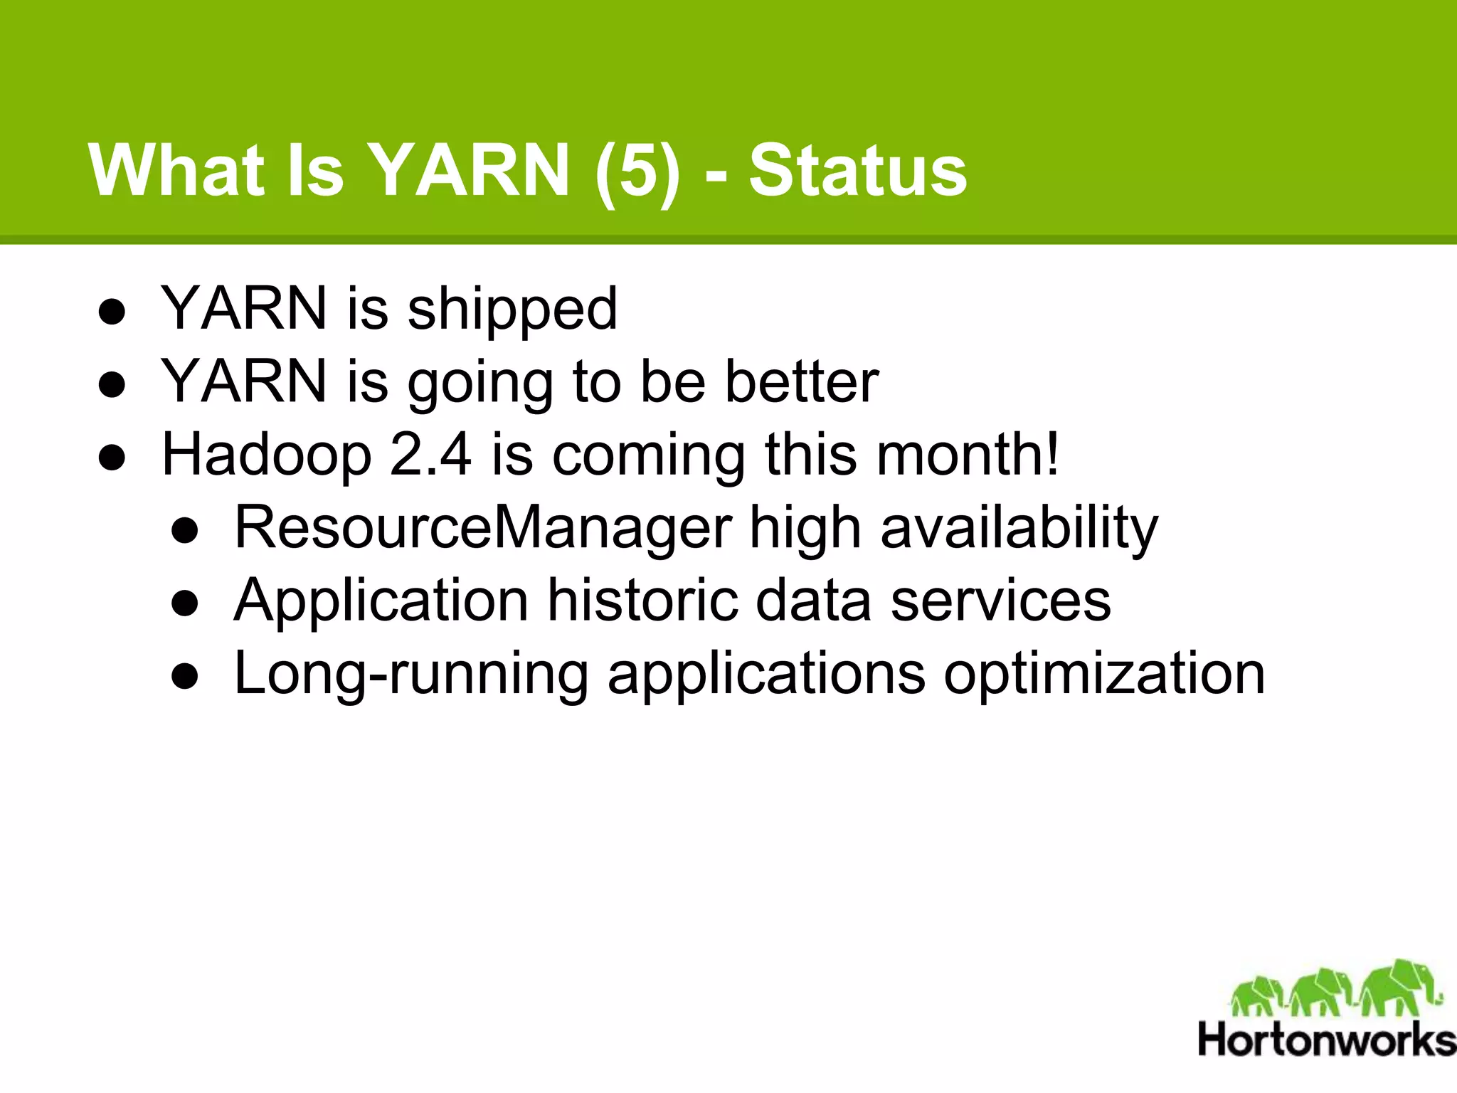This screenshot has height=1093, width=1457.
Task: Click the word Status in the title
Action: click(x=857, y=171)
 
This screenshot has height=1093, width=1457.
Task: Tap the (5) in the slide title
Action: click(x=637, y=171)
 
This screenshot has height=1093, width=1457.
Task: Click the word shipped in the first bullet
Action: click(x=512, y=310)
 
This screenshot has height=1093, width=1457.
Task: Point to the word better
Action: click(x=802, y=382)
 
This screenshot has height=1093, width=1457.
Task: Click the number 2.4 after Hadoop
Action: click(x=430, y=455)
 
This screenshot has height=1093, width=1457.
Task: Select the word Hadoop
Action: click(x=267, y=455)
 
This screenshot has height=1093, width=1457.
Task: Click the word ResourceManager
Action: click(x=483, y=528)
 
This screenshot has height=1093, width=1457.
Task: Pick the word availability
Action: click(x=1019, y=528)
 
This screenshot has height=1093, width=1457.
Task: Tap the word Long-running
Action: click(x=410, y=674)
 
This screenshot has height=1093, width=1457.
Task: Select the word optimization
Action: click(x=1104, y=674)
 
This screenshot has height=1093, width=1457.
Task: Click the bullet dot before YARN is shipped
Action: click(x=112, y=312)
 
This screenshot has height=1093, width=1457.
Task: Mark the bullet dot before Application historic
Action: click(x=185, y=603)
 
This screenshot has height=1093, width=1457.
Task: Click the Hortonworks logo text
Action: click(x=1327, y=1040)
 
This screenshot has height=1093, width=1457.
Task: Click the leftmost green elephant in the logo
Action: click(x=1256, y=995)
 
